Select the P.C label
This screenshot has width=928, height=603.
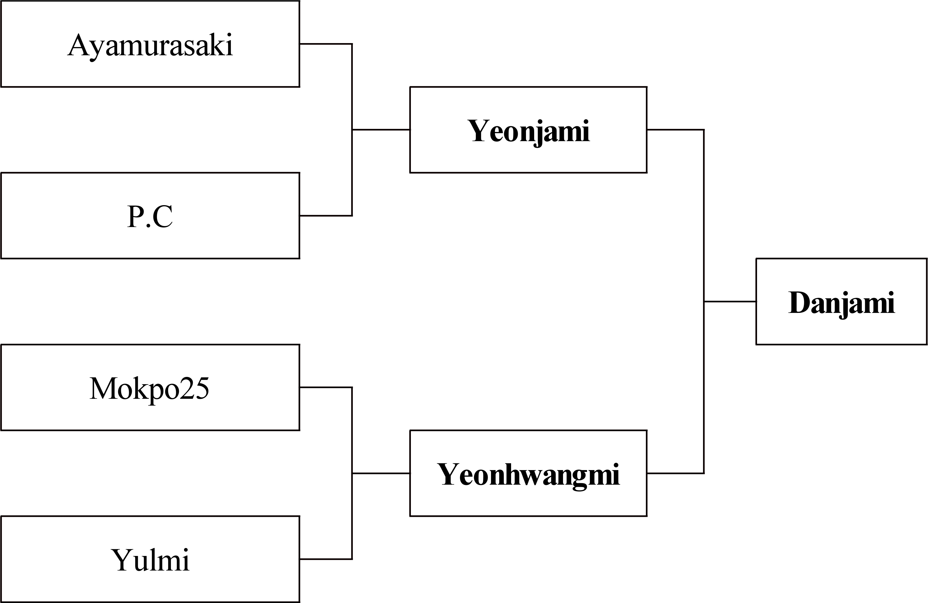click(150, 216)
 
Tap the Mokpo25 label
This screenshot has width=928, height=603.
click(149, 389)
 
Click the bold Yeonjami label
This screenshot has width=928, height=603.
click(528, 132)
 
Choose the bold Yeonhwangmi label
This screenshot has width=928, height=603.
click(528, 476)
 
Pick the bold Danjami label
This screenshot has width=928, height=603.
click(841, 304)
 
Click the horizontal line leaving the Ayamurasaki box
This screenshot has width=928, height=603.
click(326, 44)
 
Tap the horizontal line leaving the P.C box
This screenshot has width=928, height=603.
click(326, 215)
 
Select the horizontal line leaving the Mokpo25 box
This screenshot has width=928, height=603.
click(326, 388)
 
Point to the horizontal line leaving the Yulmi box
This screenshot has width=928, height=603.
click(326, 559)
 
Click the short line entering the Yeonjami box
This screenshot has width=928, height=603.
click(381, 129)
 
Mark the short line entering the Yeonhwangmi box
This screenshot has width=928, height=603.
click(381, 473)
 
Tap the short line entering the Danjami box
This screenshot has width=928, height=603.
click(730, 301)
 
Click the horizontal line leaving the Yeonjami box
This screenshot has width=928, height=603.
click(675, 129)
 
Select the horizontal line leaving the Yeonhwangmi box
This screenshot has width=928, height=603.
click(675, 473)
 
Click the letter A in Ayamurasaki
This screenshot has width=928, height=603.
click(78, 45)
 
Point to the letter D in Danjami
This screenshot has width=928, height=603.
click(800, 303)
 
